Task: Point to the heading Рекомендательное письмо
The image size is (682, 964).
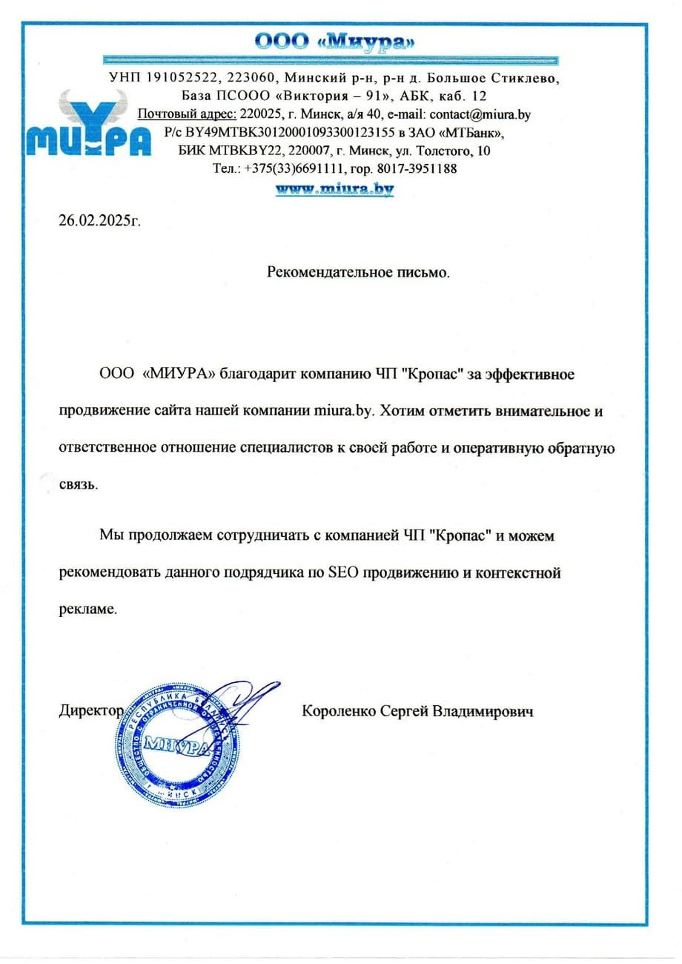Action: tap(358, 272)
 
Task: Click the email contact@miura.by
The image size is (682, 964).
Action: tap(482, 114)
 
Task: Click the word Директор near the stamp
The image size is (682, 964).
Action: tap(90, 710)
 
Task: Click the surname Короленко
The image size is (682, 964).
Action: tap(340, 711)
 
